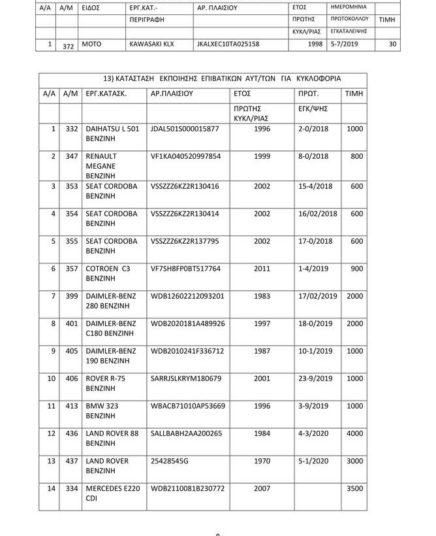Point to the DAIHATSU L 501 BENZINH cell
pos(112,134)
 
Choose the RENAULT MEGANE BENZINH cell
pos(104,166)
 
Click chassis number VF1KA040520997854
pos(185,157)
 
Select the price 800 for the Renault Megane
pos(356,157)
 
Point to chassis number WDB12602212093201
pos(187,296)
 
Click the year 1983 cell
pos(262,296)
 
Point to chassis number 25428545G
pos(170,461)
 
